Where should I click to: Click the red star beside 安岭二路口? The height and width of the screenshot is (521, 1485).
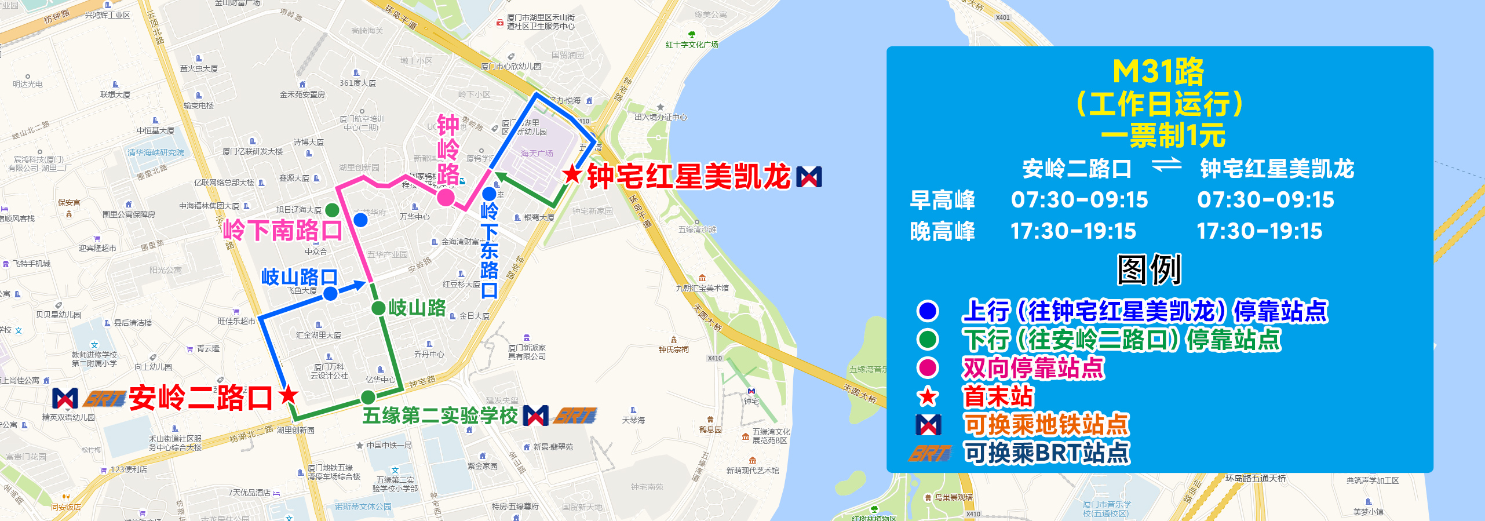click(288, 395)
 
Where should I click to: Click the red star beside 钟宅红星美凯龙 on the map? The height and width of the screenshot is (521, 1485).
click(572, 173)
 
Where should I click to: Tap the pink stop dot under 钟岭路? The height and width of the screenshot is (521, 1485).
click(446, 198)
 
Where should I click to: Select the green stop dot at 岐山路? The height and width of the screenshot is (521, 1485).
click(378, 308)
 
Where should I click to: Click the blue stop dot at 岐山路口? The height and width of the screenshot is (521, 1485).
click(330, 294)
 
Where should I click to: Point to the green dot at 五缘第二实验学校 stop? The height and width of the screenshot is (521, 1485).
click(368, 398)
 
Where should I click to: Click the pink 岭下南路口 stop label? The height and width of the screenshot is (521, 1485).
click(283, 231)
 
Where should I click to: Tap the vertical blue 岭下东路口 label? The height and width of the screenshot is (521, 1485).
click(489, 250)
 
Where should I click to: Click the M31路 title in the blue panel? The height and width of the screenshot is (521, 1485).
click(1158, 72)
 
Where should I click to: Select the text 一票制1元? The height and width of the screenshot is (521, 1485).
click(1163, 136)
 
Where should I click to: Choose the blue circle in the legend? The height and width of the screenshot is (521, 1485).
click(928, 311)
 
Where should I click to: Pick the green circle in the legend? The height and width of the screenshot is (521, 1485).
click(928, 339)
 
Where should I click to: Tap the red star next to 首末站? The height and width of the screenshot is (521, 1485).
click(928, 397)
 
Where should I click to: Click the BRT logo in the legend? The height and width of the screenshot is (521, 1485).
click(930, 453)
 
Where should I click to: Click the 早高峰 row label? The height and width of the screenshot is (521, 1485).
click(943, 200)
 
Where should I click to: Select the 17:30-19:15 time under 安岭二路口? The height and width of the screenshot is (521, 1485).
click(1073, 231)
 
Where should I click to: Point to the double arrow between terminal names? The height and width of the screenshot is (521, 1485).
click(1166, 166)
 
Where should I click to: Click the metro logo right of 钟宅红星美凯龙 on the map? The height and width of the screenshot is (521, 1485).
click(809, 177)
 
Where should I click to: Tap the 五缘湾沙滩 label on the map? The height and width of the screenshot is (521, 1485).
click(698, 229)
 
